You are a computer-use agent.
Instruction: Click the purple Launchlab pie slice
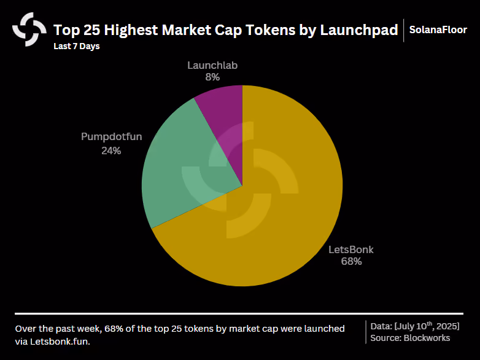[226, 122]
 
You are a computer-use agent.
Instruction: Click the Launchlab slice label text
[212, 65]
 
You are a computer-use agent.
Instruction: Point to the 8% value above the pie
[212, 77]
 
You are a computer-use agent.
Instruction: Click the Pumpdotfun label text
[112, 136]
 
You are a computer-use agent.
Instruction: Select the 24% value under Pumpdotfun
[111, 151]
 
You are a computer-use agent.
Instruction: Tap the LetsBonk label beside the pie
[351, 249]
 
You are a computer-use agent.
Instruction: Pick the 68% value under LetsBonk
[352, 261]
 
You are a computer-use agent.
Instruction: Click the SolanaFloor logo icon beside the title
[29, 29]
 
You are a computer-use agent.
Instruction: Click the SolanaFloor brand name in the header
[438, 29]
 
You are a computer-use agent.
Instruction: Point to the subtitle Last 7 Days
[77, 46]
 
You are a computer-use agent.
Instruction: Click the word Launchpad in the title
[359, 30]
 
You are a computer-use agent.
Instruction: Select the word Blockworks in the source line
[427, 338]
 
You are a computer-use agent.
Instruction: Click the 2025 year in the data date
[448, 326]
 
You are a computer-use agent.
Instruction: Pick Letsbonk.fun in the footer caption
[60, 342]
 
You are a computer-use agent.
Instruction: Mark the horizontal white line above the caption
[239, 314]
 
